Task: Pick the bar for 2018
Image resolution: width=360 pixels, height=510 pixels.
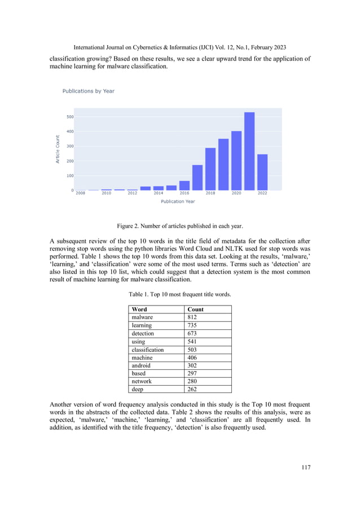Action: [210, 169]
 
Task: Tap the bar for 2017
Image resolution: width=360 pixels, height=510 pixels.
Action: [197, 177]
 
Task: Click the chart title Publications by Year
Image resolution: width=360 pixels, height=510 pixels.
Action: [88, 91]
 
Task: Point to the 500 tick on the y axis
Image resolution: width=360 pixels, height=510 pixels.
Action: [70, 117]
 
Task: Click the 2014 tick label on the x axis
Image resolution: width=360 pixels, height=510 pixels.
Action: [159, 194]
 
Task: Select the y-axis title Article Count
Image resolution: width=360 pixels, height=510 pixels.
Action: [58, 149]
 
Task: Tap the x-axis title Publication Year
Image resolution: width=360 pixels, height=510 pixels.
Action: [179, 201]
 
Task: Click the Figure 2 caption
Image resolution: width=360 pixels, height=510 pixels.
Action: [180, 226]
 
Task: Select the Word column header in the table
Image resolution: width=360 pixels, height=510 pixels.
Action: [139, 310]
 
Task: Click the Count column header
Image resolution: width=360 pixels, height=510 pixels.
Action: [195, 310]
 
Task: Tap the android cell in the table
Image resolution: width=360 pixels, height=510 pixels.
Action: [142, 365]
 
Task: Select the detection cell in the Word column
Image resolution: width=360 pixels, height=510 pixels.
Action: [143, 333]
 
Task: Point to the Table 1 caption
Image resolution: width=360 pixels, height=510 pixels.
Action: [180, 294]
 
